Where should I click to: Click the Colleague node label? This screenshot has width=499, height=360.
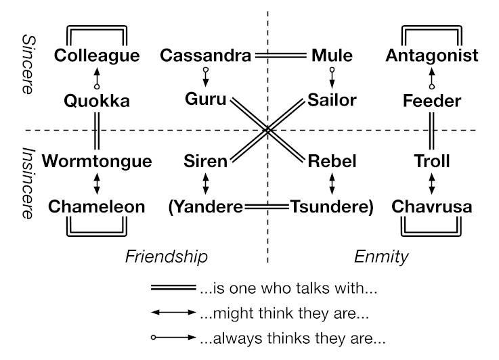97,55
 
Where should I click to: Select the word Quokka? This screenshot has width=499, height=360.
97,102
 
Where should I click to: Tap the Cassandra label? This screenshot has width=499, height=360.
206,55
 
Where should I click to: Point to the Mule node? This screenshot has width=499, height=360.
331,55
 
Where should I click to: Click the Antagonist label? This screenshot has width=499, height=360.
432,55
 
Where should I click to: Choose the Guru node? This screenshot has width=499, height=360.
206,101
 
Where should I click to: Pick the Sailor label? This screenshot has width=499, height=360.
332,101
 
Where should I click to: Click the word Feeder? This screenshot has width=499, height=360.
432,102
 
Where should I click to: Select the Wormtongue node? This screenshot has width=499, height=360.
97,162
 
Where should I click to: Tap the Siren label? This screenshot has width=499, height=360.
206,162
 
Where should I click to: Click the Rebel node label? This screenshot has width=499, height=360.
331,162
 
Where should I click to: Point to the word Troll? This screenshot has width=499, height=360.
432,162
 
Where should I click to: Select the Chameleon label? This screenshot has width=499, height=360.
97,206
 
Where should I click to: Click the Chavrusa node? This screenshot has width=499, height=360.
432,206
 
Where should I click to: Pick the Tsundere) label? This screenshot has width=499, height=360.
332,207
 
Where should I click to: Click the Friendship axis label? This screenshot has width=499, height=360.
166,256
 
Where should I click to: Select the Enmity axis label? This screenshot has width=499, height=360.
382,256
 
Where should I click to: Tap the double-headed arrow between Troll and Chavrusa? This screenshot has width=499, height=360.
432,184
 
